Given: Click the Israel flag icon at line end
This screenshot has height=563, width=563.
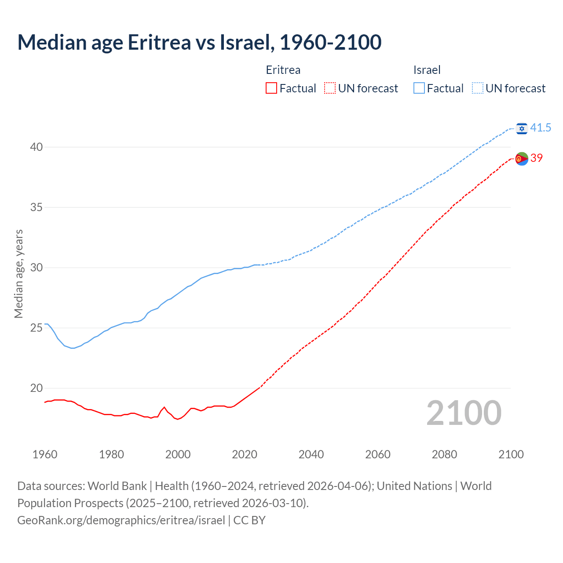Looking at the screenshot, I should (x=522, y=128).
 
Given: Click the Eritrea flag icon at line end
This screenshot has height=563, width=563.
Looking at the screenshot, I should (x=522, y=158).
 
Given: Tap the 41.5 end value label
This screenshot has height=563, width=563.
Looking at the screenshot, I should (x=541, y=128).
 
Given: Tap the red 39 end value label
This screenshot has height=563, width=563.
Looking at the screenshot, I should (x=537, y=158).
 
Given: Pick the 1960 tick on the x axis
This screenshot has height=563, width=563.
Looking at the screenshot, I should (x=45, y=454).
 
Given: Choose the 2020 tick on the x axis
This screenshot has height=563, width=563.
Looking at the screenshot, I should (x=245, y=454).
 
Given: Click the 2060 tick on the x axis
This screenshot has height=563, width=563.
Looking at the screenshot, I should (x=378, y=454).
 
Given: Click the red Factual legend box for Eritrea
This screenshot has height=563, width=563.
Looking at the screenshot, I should (x=271, y=88).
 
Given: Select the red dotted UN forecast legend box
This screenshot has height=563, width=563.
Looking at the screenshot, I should (x=330, y=88).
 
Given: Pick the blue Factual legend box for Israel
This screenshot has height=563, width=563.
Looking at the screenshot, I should (x=419, y=88).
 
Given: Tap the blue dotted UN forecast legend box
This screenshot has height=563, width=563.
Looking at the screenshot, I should (x=478, y=88).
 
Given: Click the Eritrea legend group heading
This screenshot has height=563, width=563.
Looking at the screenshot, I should (x=283, y=70).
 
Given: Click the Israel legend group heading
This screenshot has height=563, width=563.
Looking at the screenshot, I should (x=427, y=70).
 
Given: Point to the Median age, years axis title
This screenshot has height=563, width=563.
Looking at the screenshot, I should (x=18, y=274).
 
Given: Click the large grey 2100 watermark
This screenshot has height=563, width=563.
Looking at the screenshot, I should (x=464, y=413).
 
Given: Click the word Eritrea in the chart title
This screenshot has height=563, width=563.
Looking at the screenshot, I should (x=159, y=42).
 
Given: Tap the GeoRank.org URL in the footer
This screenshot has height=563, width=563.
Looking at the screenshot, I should (x=121, y=520).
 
